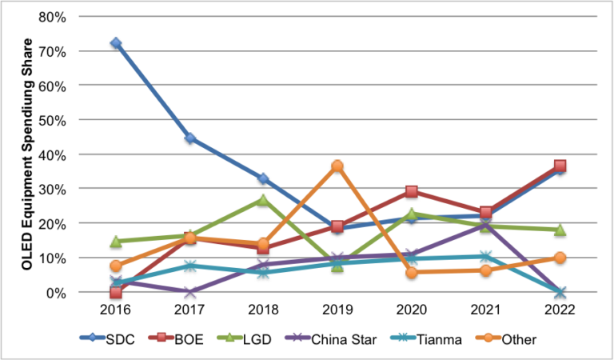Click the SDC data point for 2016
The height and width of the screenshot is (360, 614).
pyautogui.click(x=116, y=43)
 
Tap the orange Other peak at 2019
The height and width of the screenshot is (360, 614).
pyautogui.click(x=337, y=166)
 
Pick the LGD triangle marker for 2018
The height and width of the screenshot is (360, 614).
pyautogui.click(x=263, y=200)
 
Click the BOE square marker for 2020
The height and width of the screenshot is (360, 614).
pyautogui.click(x=411, y=192)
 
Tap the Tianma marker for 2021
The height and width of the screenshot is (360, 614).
pyautogui.click(x=485, y=257)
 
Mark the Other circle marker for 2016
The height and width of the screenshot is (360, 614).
pyautogui.click(x=116, y=266)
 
